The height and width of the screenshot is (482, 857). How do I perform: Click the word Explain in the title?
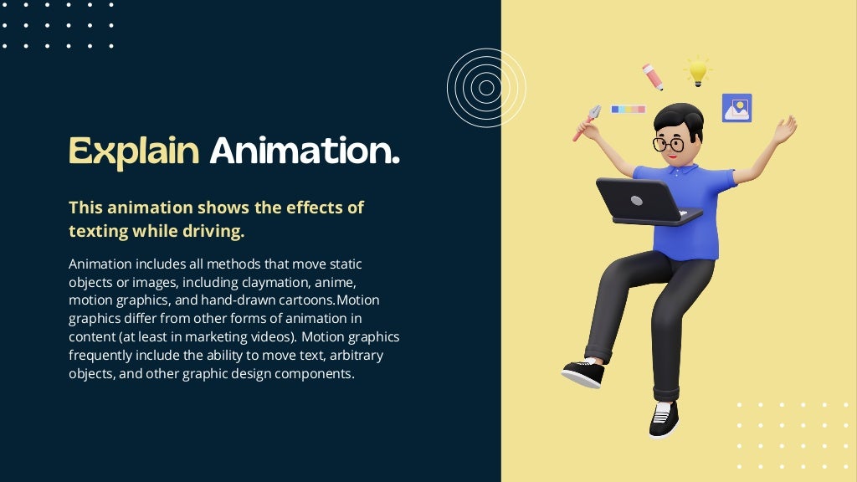pos(134,151)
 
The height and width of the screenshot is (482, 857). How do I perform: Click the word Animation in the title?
pos(304,151)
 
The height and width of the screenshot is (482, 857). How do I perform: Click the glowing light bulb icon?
pos(697,72)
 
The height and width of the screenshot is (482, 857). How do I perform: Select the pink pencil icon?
pos(653,76)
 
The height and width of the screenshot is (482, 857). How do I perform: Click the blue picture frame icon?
pos(736,108)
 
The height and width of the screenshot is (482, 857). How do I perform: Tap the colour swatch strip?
pos(629,109)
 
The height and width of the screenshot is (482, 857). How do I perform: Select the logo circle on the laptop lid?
pos(636,201)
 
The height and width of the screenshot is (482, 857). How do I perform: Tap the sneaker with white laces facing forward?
pos(662,416)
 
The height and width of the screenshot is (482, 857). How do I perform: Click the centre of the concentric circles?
pos(486,87)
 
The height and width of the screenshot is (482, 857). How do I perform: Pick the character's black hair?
pos(680,117)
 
